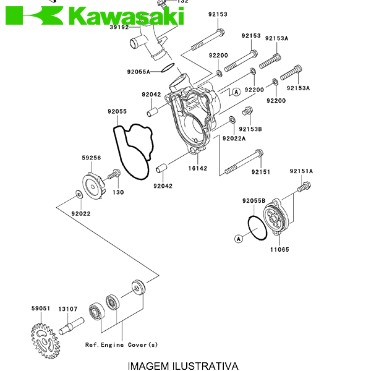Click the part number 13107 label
(67, 308)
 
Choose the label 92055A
(139, 72)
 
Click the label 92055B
(254, 200)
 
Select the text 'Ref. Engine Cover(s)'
(121, 344)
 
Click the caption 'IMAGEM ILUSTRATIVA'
(183, 365)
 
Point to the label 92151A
(301, 171)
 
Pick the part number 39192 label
(119, 28)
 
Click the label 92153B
(251, 129)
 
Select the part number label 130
(118, 192)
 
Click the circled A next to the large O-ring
(239, 237)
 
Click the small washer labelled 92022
(79, 196)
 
